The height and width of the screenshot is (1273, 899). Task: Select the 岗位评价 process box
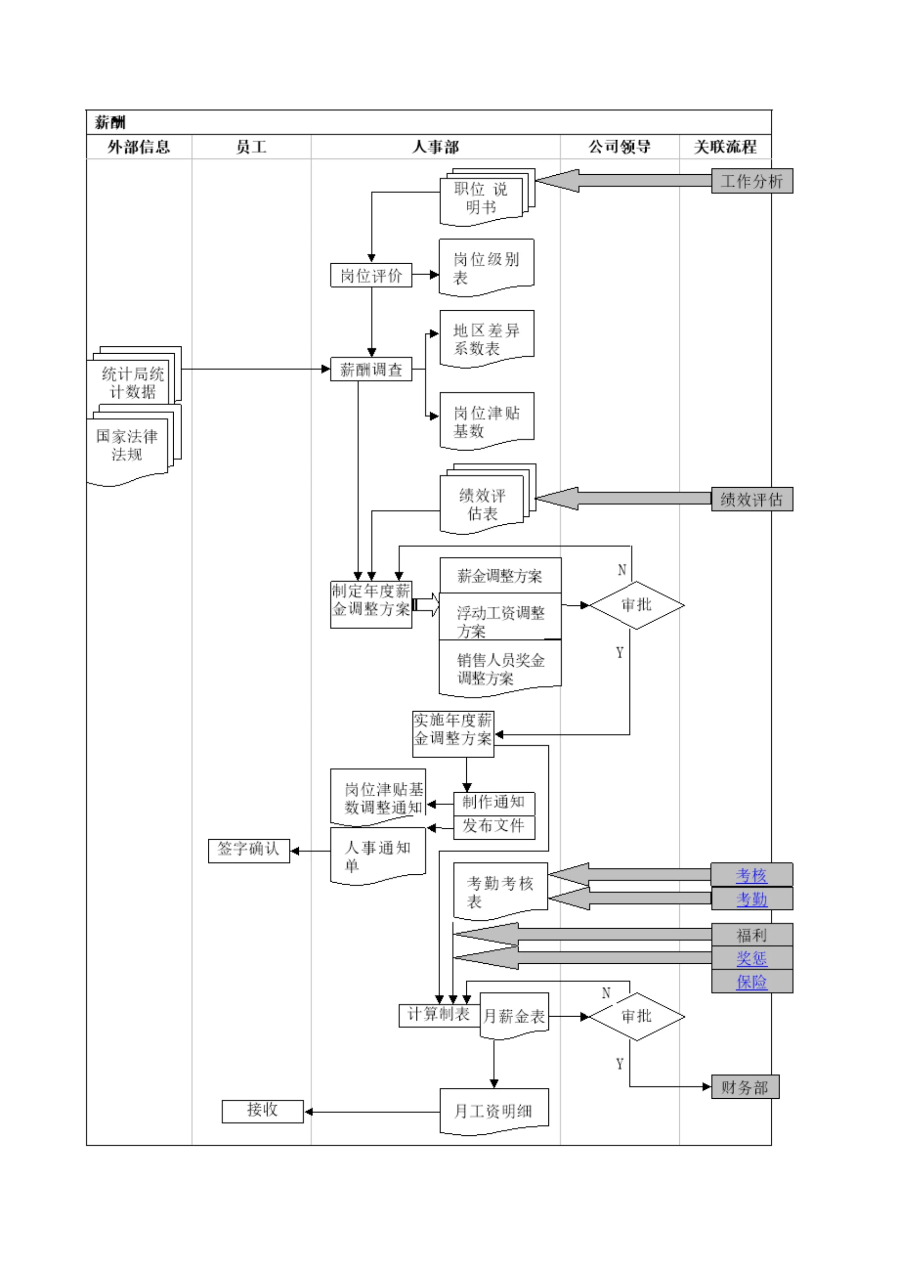(x=371, y=275)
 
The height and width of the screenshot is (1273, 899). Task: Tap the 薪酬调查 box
(x=371, y=369)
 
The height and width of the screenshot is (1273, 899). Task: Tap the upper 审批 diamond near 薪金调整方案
(x=636, y=605)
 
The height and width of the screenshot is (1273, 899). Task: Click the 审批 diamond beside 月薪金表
(x=636, y=1016)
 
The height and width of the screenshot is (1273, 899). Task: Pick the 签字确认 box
(x=249, y=850)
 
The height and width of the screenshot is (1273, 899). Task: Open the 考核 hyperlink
(x=751, y=875)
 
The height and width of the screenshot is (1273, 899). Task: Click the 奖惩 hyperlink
(x=751, y=958)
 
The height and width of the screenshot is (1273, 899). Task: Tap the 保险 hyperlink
(x=751, y=982)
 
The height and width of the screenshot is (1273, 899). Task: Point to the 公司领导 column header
(x=619, y=147)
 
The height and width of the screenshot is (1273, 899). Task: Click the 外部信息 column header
(x=139, y=147)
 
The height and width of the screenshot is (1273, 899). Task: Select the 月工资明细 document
(x=494, y=1110)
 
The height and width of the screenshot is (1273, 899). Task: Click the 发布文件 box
(x=494, y=826)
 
